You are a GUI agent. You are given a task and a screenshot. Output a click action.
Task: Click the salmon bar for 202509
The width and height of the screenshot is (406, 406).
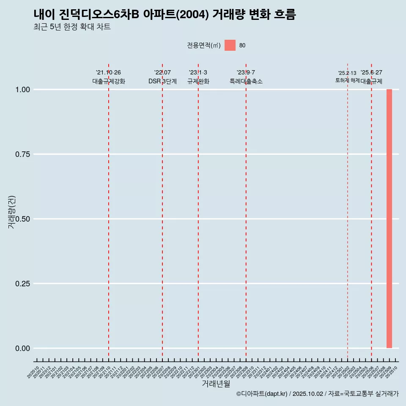(389, 219)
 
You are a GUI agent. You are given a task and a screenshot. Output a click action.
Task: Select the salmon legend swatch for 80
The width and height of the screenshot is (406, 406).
(230, 45)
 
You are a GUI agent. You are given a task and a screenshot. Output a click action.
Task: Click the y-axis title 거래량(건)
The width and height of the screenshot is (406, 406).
(11, 212)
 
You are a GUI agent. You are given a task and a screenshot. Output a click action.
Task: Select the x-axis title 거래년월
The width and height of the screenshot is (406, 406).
(216, 384)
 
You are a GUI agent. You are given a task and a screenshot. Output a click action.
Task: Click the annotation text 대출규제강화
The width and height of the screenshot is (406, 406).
(109, 81)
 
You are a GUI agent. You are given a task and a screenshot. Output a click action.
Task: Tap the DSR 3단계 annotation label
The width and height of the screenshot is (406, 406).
(162, 81)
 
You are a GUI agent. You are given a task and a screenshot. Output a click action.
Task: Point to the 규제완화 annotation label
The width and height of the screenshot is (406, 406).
(198, 81)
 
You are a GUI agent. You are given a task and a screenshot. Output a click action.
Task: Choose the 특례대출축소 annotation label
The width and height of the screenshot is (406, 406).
(246, 81)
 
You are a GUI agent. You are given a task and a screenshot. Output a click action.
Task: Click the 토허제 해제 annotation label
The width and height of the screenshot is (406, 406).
(347, 80)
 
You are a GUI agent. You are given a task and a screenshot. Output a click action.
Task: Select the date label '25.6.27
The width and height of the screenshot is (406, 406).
(371, 72)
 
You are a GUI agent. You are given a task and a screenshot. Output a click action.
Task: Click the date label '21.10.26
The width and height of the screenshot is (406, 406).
(109, 72)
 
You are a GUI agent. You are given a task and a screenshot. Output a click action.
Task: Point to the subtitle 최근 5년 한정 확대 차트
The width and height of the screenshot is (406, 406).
(72, 27)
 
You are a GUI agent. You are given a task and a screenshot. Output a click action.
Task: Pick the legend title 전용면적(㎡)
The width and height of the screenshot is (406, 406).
(204, 45)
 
